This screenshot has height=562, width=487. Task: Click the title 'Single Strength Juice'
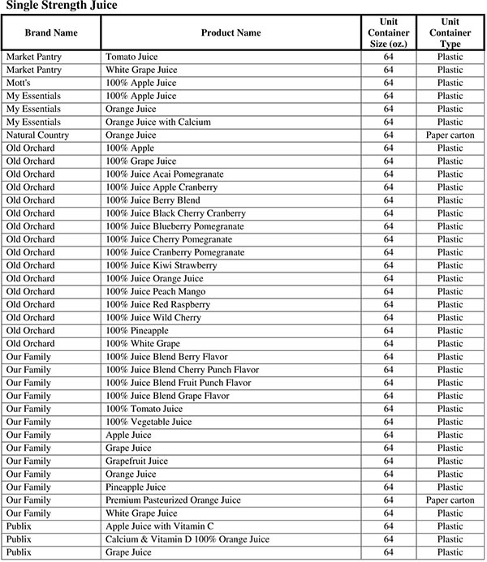(62, 6)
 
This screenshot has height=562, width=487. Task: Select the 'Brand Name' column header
(51, 33)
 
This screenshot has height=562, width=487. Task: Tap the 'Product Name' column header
(231, 33)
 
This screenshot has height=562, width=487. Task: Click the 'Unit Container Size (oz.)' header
(388, 32)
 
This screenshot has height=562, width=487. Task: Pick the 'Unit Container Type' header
(450, 32)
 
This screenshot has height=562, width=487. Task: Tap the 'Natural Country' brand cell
(37, 135)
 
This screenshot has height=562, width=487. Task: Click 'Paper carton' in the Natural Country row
(450, 135)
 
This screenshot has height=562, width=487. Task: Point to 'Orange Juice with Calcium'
(158, 122)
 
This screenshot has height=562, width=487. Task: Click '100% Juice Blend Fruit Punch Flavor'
(179, 383)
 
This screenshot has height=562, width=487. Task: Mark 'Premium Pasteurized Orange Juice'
(173, 500)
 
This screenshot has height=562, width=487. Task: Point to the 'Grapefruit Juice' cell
(137, 461)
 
